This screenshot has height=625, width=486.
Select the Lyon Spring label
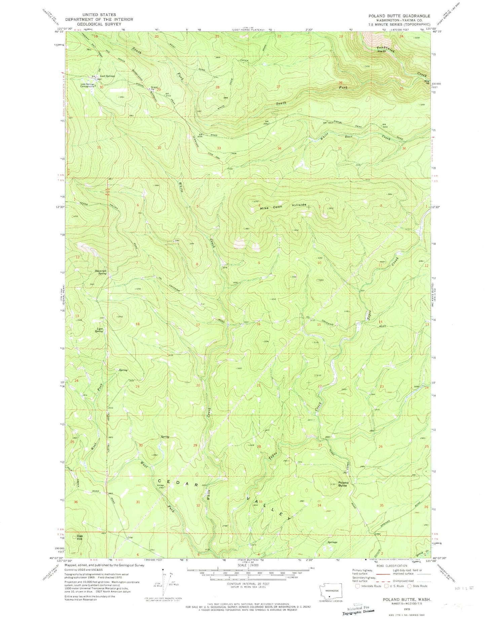click(99, 330)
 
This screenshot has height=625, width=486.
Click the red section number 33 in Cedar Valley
click(260, 502)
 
